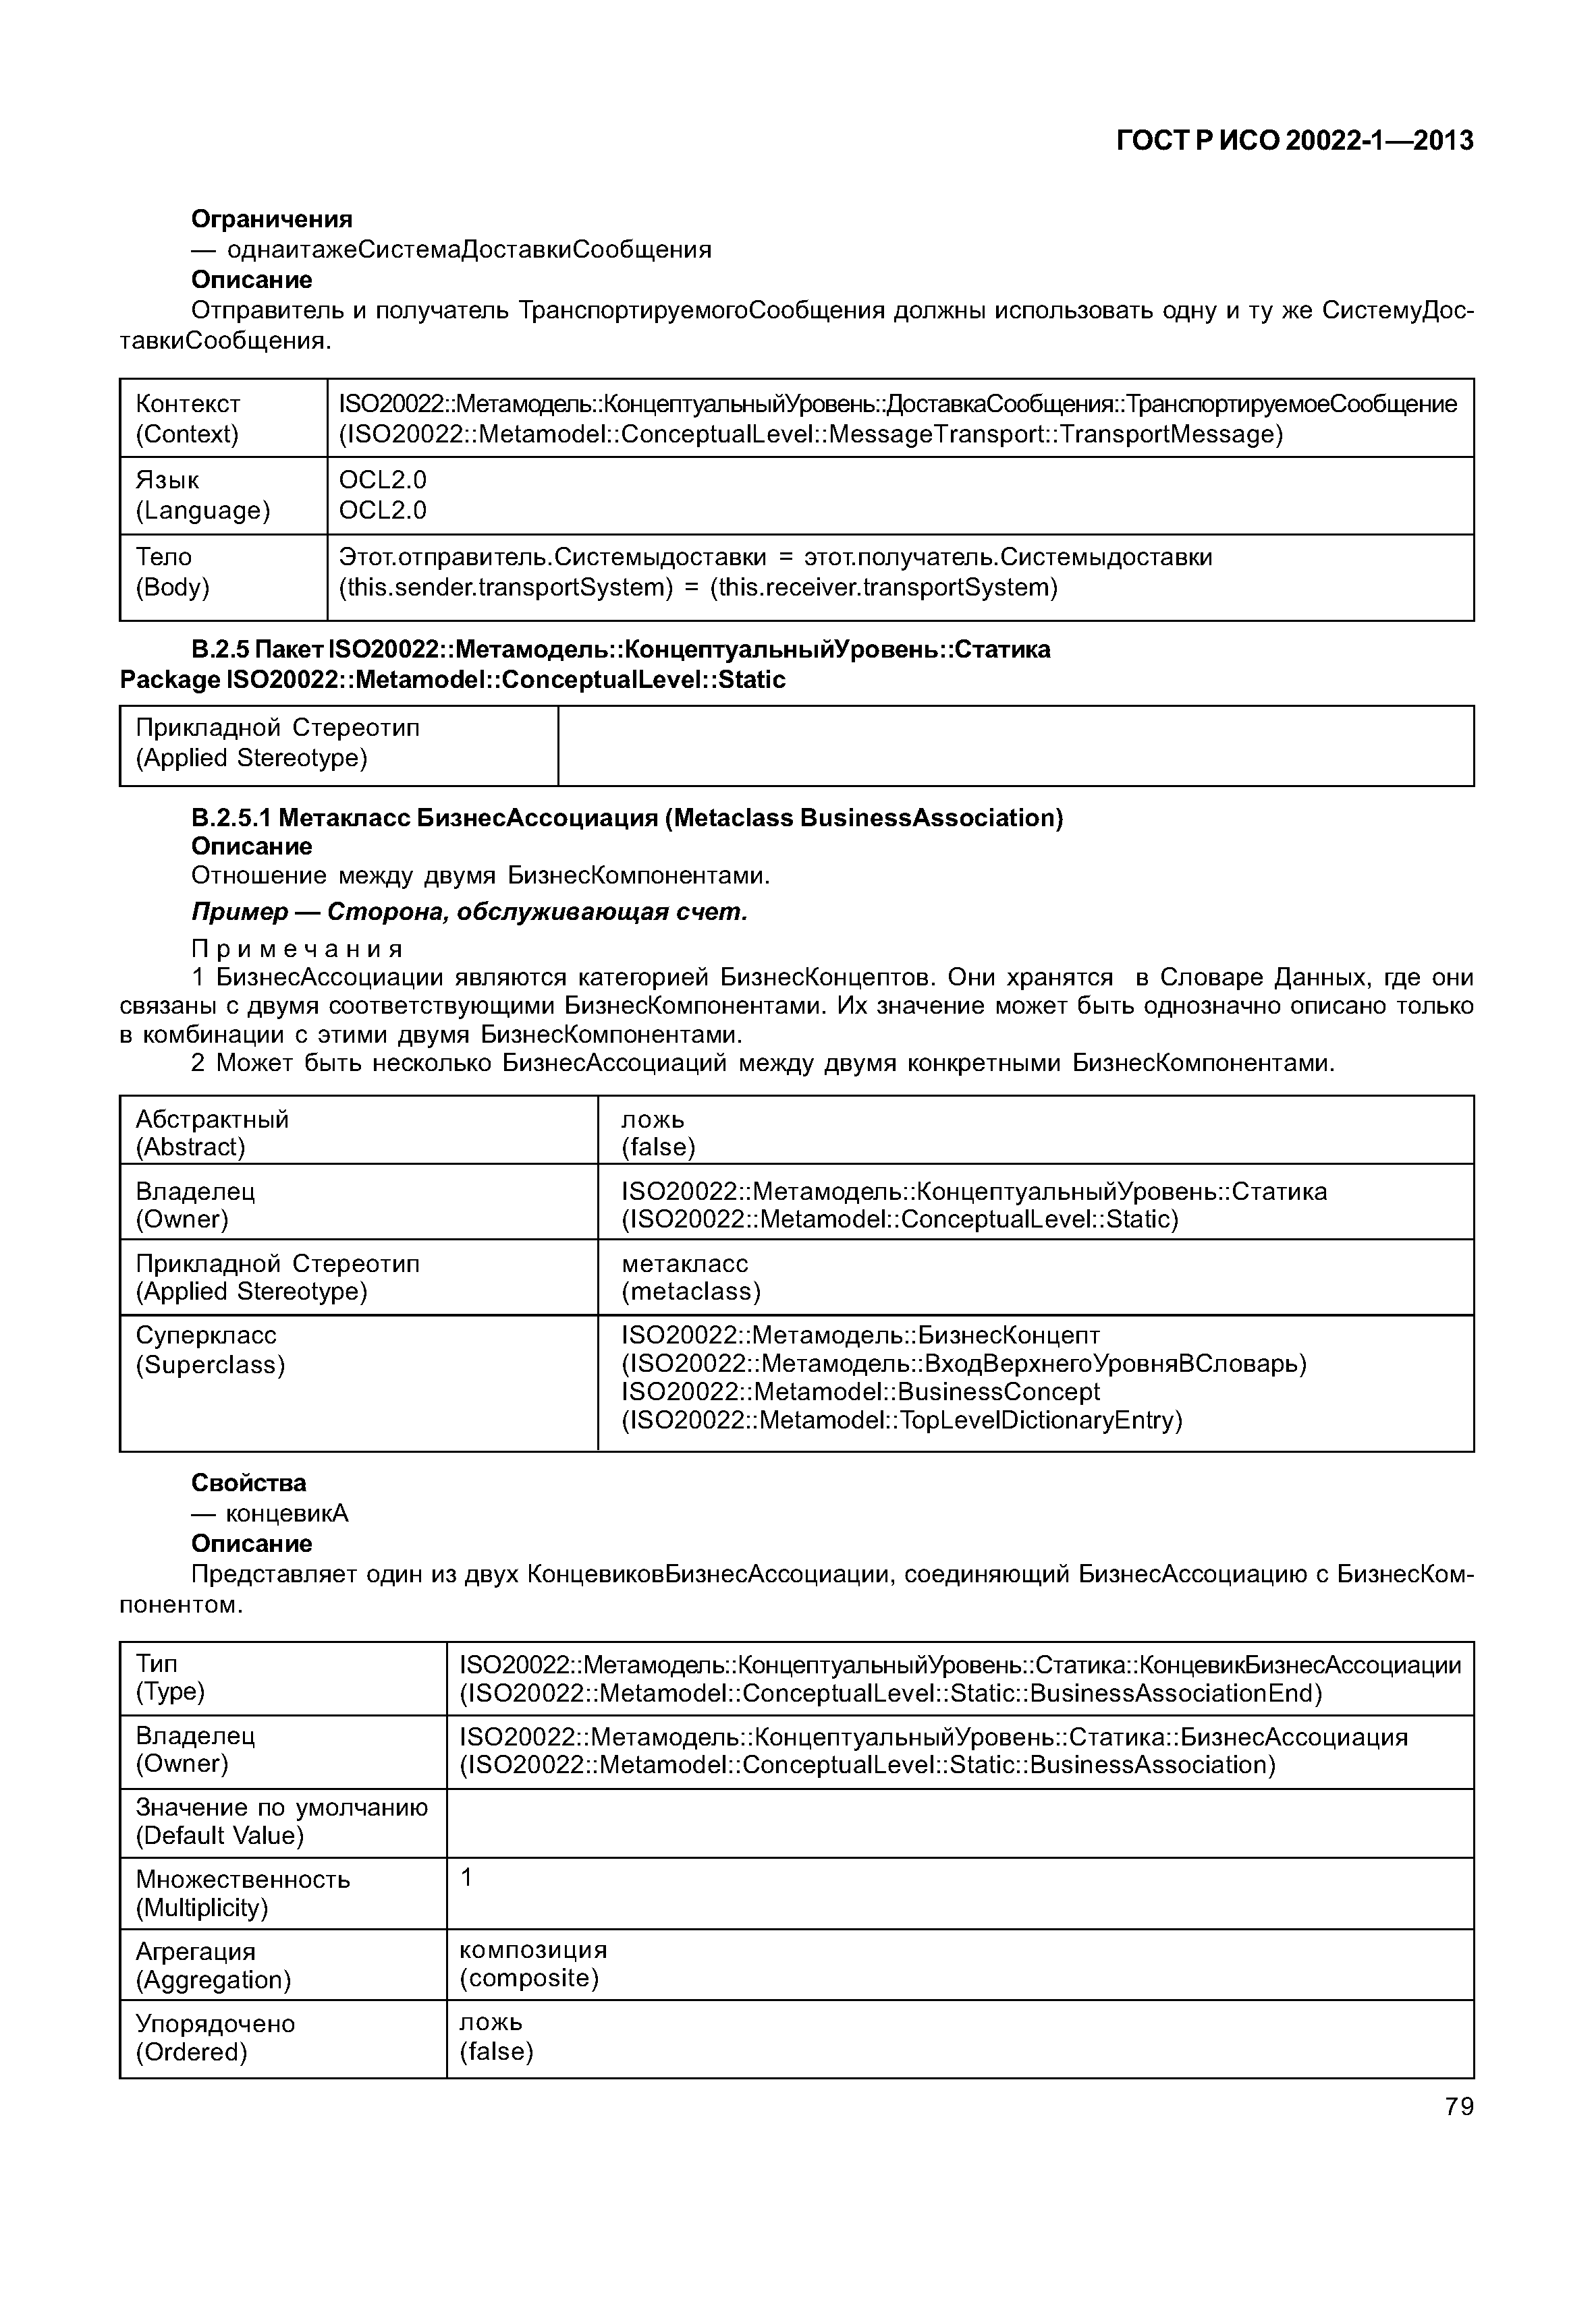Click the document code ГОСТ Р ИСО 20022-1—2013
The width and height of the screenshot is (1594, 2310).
[1294, 141]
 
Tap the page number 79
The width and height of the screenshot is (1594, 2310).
[1458, 2106]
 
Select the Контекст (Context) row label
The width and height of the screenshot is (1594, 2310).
[188, 418]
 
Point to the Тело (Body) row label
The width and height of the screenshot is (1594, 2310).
[173, 571]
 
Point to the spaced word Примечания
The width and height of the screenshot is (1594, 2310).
[297, 948]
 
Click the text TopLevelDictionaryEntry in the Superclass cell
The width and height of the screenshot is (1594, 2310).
[1039, 1420]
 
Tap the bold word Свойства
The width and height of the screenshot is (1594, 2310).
[249, 1482]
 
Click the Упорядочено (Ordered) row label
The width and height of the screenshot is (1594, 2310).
[215, 2038]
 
